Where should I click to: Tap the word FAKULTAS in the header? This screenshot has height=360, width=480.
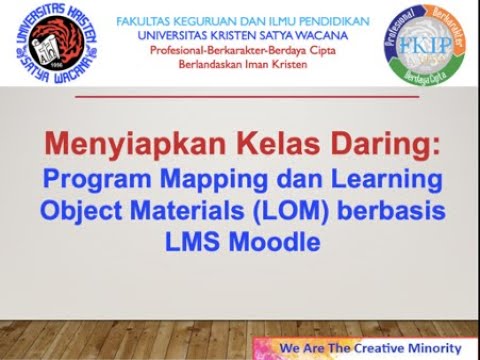(144, 20)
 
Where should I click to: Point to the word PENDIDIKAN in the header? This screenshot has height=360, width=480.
(328, 20)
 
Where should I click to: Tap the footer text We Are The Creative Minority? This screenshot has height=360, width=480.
(369, 347)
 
